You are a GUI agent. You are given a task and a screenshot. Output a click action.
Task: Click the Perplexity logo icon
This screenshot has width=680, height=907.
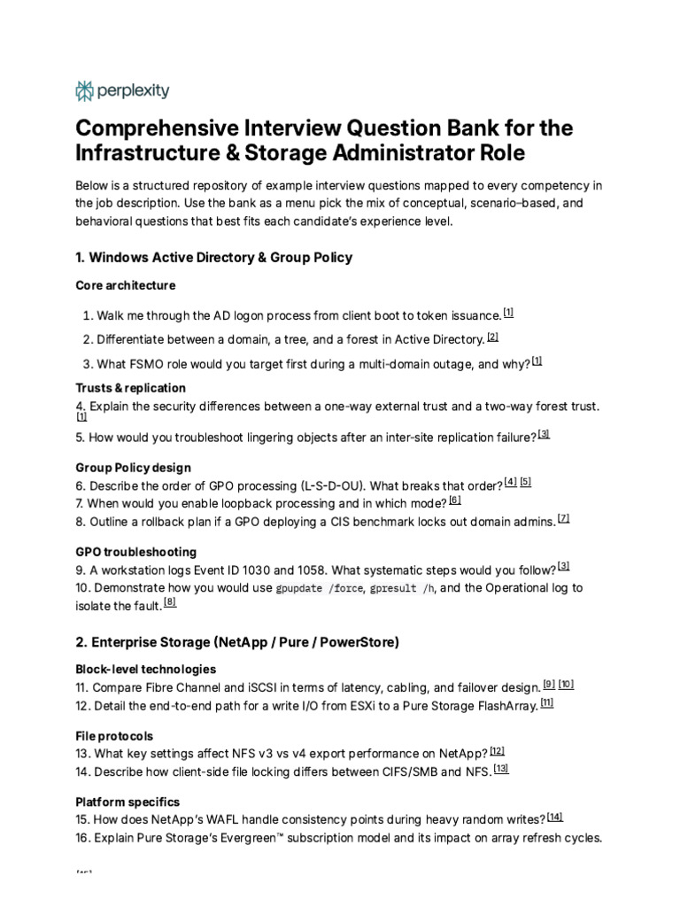85,90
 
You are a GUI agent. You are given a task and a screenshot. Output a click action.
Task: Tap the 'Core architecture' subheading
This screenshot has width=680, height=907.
125,285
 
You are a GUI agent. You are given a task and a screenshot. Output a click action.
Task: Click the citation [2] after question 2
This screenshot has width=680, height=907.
492,337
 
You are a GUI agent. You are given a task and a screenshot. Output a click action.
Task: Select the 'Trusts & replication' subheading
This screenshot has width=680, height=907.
131,388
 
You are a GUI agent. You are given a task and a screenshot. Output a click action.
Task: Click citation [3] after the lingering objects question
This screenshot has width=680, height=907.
544,434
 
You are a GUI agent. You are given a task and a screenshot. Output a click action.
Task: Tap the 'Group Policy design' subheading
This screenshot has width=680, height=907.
133,467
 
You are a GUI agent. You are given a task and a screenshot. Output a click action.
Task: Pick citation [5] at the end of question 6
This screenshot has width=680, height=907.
526,482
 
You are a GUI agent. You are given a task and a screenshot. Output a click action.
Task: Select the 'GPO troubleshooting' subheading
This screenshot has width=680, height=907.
135,552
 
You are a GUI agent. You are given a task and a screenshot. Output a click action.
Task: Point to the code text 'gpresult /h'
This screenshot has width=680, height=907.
403,588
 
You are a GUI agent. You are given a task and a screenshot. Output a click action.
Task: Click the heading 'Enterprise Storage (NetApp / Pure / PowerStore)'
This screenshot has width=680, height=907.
237,642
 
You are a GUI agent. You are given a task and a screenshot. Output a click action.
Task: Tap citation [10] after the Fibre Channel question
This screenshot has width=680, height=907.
566,684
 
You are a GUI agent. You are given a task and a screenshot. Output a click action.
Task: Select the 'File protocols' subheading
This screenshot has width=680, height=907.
115,736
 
